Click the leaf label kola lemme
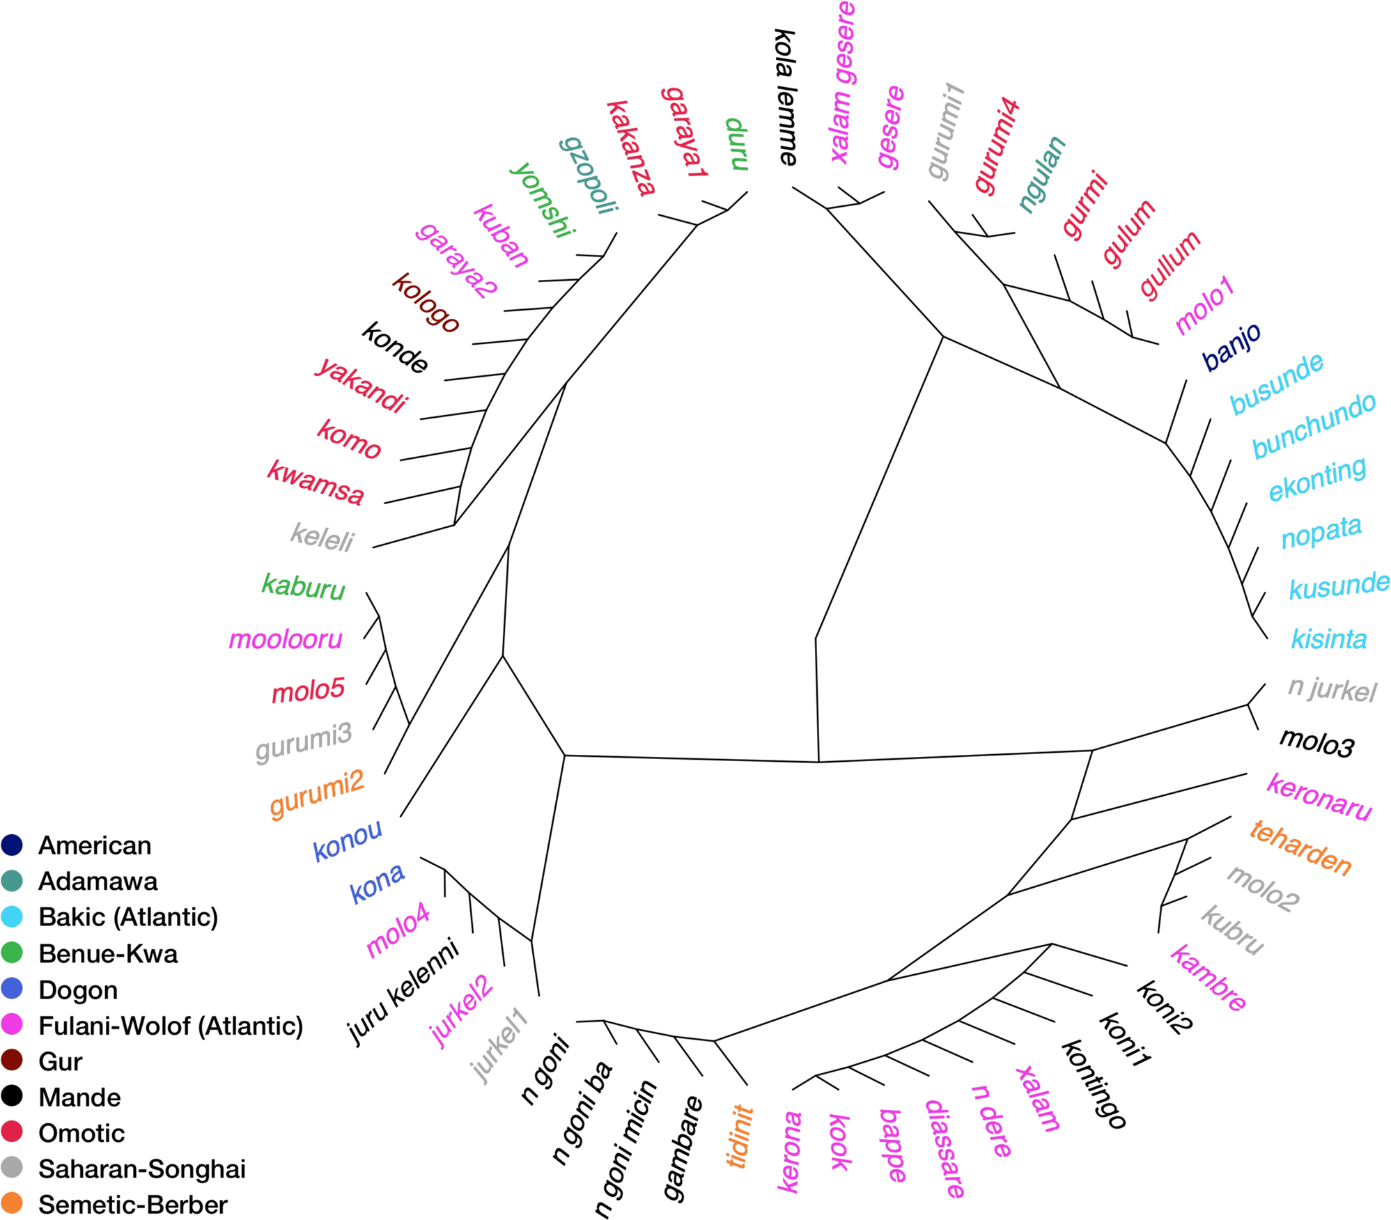785,97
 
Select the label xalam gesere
843,82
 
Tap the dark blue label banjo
1231,346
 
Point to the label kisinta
1328,639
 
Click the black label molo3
1316,743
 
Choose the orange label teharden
1300,847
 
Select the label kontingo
1094,1084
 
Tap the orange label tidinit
740,1136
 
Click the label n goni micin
626,1148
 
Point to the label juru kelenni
404,992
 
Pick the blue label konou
347,840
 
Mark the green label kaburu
303,586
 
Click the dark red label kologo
426,302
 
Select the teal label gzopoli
589,175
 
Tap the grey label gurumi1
946,131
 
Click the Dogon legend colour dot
12,988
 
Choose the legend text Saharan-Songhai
141,1168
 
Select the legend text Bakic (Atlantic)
128,916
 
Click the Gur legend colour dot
12,1060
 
